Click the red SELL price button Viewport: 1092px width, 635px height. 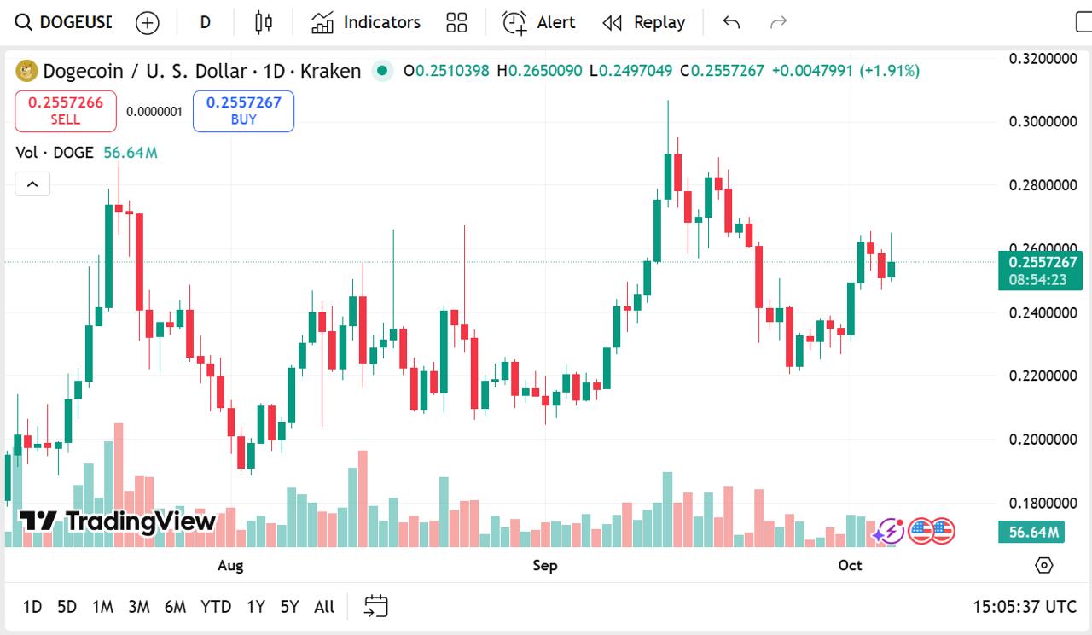[66, 111]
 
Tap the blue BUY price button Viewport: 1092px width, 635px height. [243, 111]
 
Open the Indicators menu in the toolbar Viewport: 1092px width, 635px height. [366, 22]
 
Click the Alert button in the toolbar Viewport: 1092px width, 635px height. [538, 22]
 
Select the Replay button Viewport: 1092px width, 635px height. [644, 22]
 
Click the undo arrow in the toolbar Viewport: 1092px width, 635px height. [731, 22]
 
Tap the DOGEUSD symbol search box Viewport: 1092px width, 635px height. [64, 22]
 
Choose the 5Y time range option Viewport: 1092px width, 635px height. [290, 607]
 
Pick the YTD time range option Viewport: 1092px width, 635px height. [216, 607]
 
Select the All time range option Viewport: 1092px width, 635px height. [324, 607]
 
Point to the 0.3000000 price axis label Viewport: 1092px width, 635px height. [1043, 121]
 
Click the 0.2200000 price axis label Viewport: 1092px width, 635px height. [1043, 376]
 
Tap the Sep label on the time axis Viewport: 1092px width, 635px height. [545, 565]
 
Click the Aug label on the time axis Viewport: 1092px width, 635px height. [230, 565]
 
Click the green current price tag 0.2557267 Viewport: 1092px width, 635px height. [1040, 262]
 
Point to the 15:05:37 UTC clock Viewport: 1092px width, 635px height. [1025, 607]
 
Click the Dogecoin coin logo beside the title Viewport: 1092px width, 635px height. [26, 71]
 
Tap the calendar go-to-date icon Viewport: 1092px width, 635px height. [376, 607]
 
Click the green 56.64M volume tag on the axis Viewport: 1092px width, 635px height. [1033, 533]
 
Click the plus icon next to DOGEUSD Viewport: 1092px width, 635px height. [148, 22]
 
